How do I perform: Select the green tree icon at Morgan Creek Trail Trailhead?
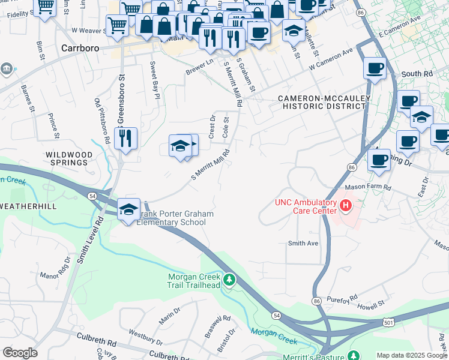tap(228, 280)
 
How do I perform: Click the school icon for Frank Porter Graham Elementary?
tap(128, 209)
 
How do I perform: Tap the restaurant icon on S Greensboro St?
tap(125, 139)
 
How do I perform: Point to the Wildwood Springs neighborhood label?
tap(70, 159)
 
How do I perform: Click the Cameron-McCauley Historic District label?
tap(324, 102)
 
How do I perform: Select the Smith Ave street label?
tap(303, 243)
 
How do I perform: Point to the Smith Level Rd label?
tap(89, 241)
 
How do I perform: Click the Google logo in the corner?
tap(20, 353)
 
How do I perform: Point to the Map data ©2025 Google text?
tap(412, 355)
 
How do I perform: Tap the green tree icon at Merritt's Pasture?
tap(354, 356)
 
